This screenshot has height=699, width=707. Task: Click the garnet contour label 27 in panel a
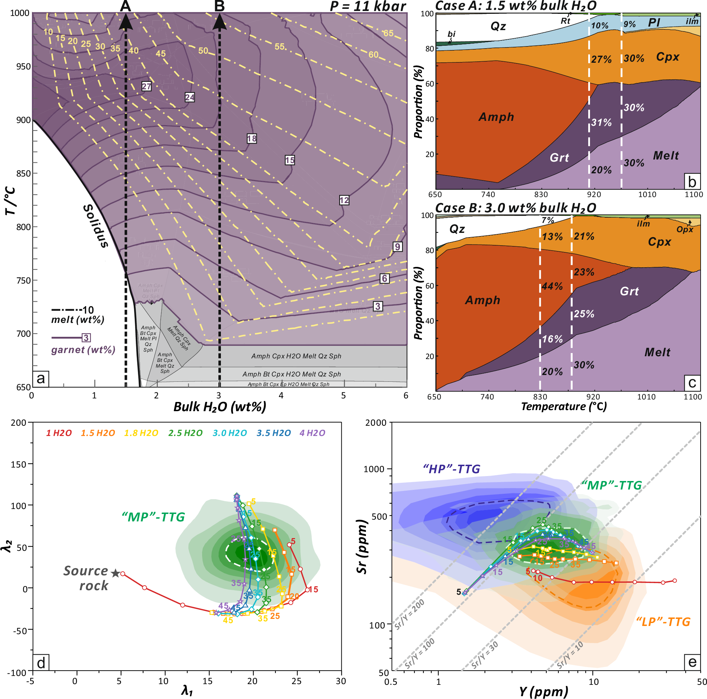click(x=146, y=86)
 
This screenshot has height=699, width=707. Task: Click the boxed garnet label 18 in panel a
click(x=252, y=139)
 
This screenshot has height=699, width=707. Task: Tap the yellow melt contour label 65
click(x=388, y=33)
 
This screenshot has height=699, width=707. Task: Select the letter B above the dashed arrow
click(x=219, y=6)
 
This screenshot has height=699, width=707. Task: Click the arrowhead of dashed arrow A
click(x=126, y=22)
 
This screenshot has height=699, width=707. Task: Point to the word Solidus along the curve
click(x=96, y=226)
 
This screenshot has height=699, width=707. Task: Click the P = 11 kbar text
click(x=367, y=6)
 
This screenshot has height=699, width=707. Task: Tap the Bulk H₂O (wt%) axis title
click(x=219, y=407)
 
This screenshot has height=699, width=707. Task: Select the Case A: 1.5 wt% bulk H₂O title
click(x=516, y=6)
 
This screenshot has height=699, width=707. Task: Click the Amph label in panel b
click(x=496, y=117)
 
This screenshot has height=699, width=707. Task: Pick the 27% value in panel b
click(x=602, y=59)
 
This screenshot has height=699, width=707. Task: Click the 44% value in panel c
click(x=552, y=286)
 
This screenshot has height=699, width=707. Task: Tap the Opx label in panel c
click(x=685, y=229)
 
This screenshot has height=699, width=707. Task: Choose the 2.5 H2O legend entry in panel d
click(x=185, y=433)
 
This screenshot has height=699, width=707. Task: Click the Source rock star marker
click(x=116, y=573)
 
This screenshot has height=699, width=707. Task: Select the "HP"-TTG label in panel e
click(x=451, y=469)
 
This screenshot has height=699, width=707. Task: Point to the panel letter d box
click(x=41, y=663)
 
